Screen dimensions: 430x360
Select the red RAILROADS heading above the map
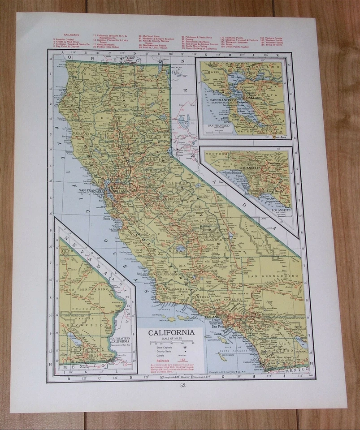tap(61, 34)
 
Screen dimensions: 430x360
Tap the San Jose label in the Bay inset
tap(280, 137)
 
